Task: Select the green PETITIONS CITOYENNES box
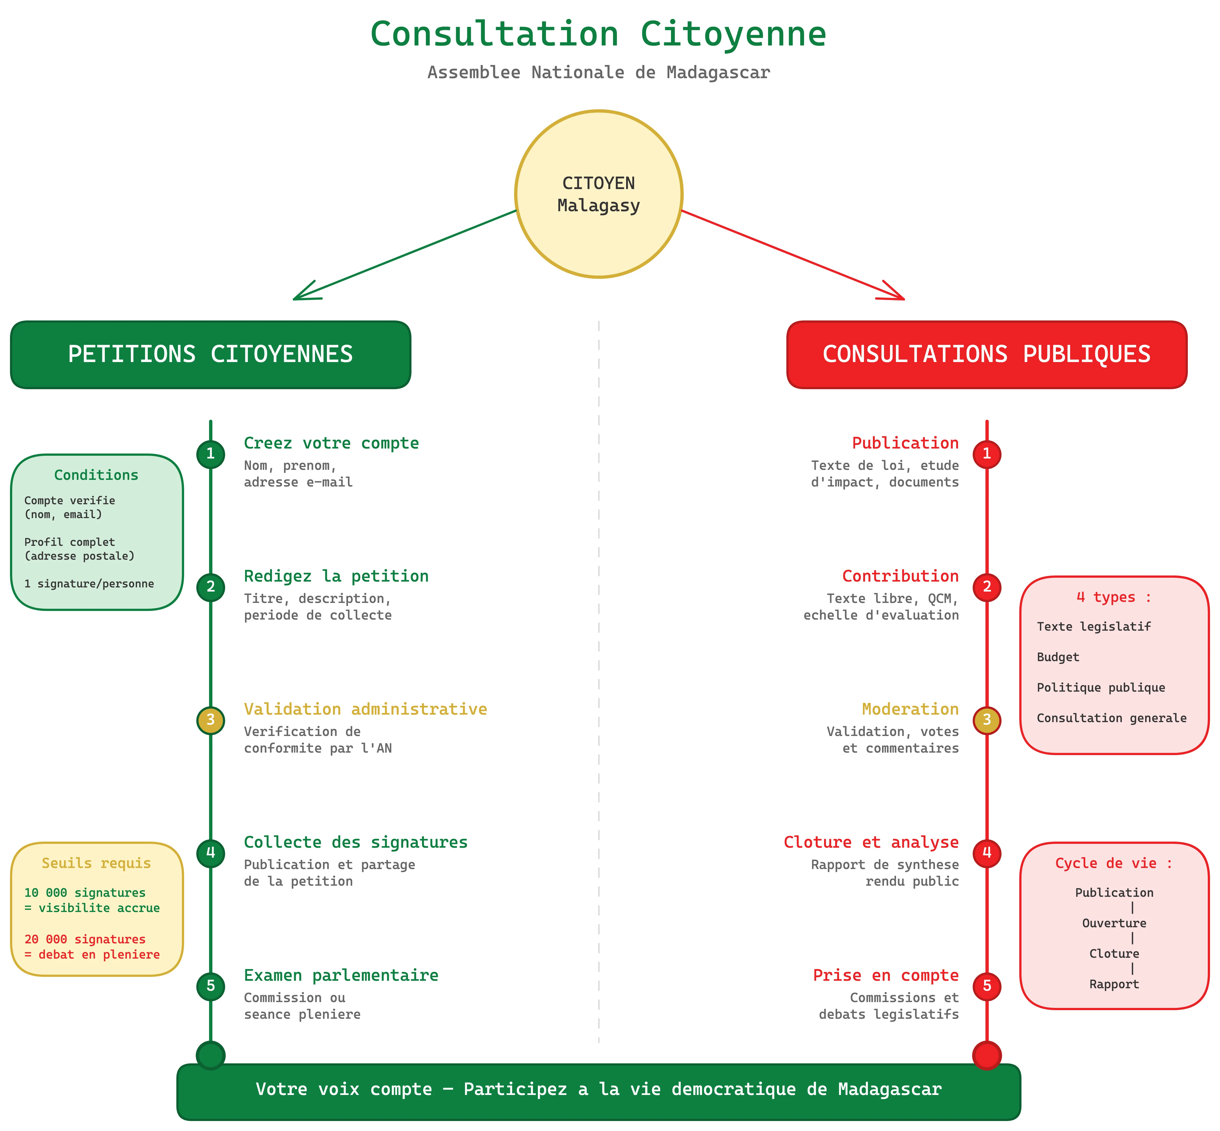pos(210,354)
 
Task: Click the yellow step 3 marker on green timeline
pos(210,720)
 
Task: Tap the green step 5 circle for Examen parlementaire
pos(210,986)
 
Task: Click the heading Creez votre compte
pos(331,443)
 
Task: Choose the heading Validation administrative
pos(365,709)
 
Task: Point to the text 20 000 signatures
pos(85,939)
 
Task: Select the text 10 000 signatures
pos(85,892)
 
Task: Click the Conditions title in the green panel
pos(96,475)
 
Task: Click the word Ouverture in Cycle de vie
pos(1114,923)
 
